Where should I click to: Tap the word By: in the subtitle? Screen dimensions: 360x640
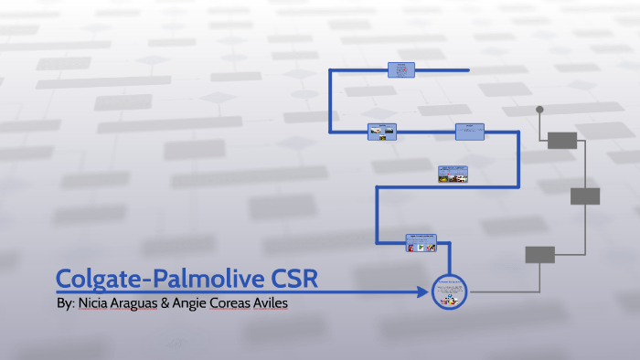pyautogui.click(x=65, y=302)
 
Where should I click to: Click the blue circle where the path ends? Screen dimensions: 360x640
pyautogui.click(x=448, y=292)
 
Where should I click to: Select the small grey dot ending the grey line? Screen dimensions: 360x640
pyautogui.click(x=539, y=110)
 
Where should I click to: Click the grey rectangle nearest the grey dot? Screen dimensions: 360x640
pyautogui.click(x=562, y=140)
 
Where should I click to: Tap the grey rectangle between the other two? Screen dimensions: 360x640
pyautogui.click(x=585, y=196)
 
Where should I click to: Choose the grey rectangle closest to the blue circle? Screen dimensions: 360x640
pyautogui.click(x=539, y=255)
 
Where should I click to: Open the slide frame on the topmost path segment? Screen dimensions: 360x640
pyautogui.click(x=400, y=69)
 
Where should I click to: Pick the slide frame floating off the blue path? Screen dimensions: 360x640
pyautogui.click(x=453, y=174)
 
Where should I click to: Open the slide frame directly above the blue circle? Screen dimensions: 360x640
pyautogui.click(x=421, y=242)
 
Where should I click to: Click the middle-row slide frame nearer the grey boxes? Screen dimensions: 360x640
pyautogui.click(x=470, y=132)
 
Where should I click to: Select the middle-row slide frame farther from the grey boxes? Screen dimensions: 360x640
pyautogui.click(x=382, y=132)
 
